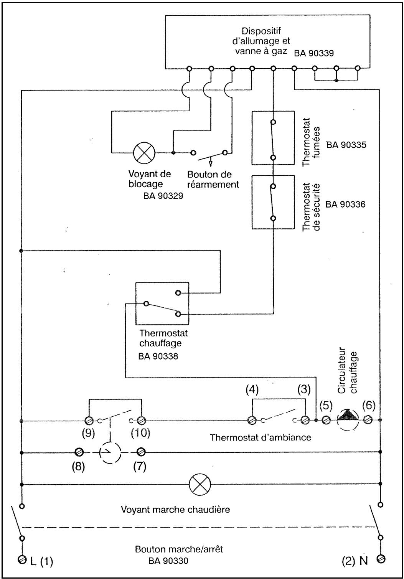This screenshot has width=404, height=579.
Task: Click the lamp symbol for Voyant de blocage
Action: [144, 152]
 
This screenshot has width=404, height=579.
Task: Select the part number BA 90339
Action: [314, 53]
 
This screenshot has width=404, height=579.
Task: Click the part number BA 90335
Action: [346, 145]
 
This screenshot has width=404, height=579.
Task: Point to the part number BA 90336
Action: [345, 205]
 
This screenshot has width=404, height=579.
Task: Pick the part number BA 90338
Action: [158, 356]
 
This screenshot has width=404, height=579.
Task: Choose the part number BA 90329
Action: [163, 196]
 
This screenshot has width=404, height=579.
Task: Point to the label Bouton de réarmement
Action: [213, 180]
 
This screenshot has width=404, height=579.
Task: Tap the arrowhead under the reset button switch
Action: [211, 163]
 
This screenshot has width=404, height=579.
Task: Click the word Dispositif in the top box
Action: [261, 31]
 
